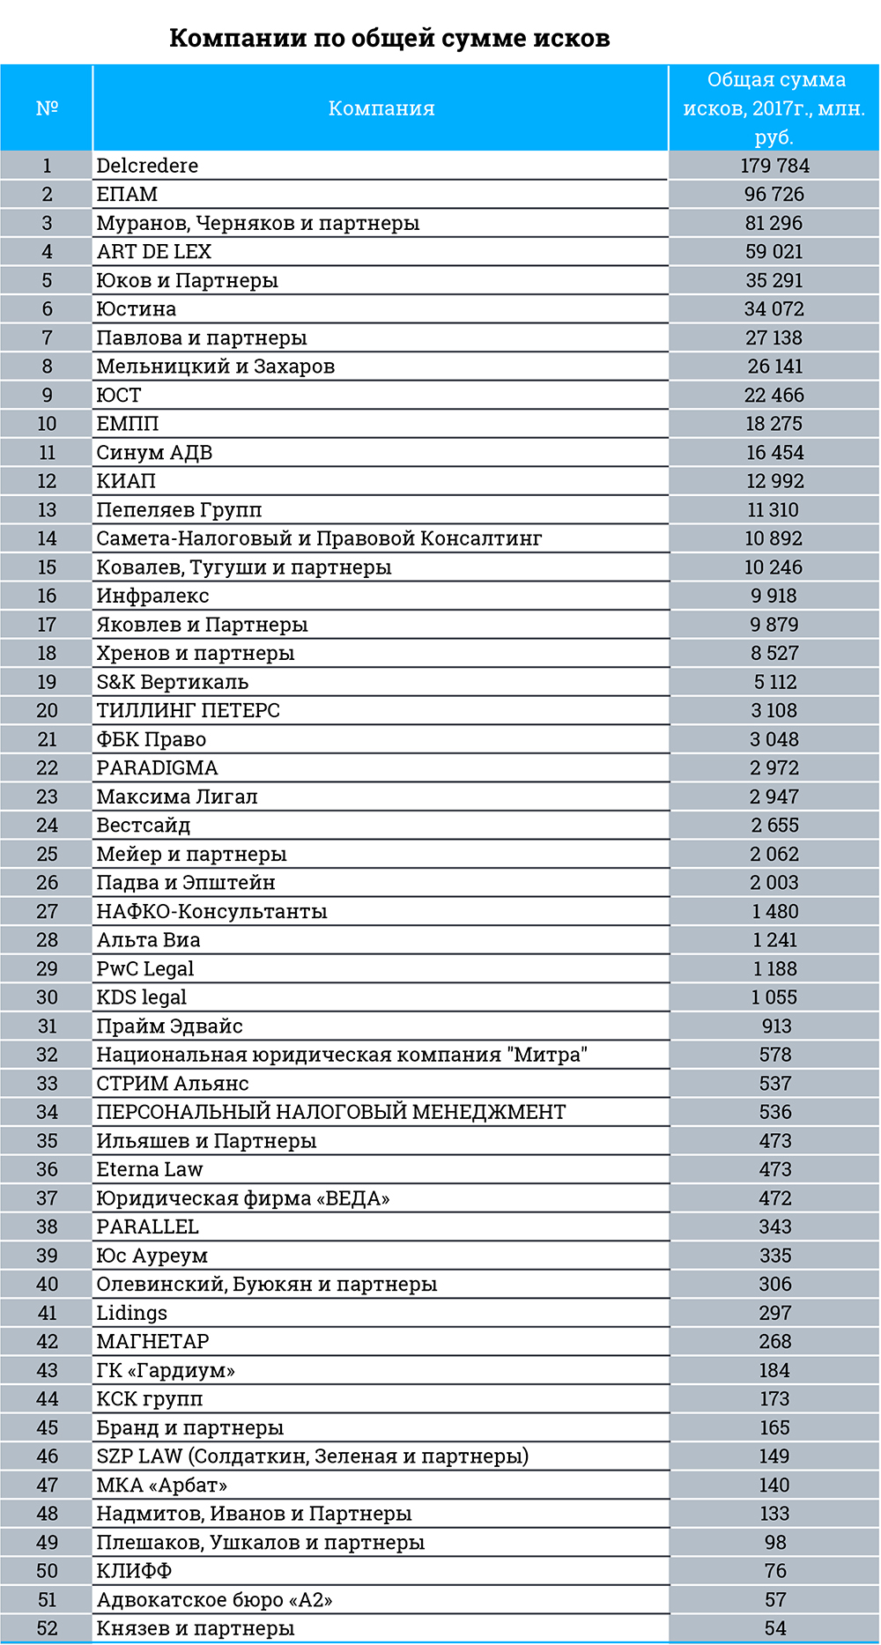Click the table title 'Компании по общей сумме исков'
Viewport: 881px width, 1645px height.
pyautogui.click(x=389, y=39)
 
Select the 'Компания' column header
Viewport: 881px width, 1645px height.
pyautogui.click(x=381, y=108)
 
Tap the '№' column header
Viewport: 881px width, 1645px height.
pyautogui.click(x=47, y=108)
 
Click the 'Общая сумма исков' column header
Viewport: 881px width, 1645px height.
pyautogui.click(x=774, y=108)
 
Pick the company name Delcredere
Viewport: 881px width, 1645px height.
pyautogui.click(x=147, y=166)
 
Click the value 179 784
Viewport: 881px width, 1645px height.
pyautogui.click(x=774, y=166)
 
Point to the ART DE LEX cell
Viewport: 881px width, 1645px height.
pyautogui.click(x=154, y=252)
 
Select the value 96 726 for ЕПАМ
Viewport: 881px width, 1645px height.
pyautogui.click(x=774, y=195)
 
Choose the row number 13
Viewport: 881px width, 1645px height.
pyautogui.click(x=47, y=510)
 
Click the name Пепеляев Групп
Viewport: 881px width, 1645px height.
pyautogui.click(x=179, y=510)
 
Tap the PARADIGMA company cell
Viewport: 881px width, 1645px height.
pyautogui.click(x=157, y=768)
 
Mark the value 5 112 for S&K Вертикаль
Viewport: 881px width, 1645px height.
pyautogui.click(x=774, y=682)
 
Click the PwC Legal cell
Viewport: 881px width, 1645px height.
pyautogui.click(x=145, y=969)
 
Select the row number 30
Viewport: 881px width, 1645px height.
pyautogui.click(x=47, y=997)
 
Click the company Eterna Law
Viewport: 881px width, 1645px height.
pyautogui.click(x=150, y=1170)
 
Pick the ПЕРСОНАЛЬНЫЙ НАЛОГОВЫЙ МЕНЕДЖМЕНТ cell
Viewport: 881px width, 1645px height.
pyautogui.click(x=331, y=1113)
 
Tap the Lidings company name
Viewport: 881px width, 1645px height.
pyautogui.click(x=131, y=1314)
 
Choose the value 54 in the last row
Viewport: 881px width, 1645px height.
pyautogui.click(x=775, y=1629)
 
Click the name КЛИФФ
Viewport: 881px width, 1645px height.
pyautogui.click(x=134, y=1571)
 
